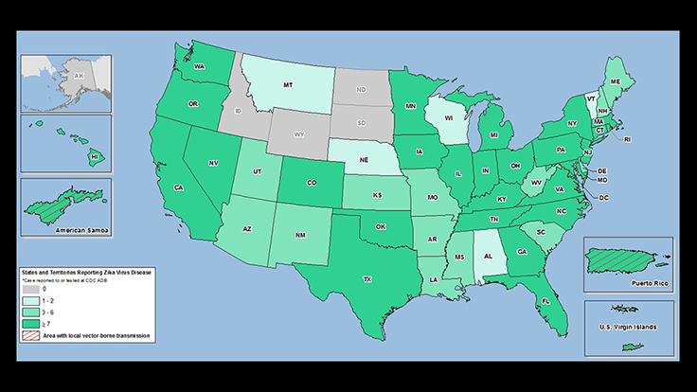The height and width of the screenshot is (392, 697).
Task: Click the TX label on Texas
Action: click(366, 279)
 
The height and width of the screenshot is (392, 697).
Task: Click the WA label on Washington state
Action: click(200, 67)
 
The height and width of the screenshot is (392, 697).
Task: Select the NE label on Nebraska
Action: click(364, 159)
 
